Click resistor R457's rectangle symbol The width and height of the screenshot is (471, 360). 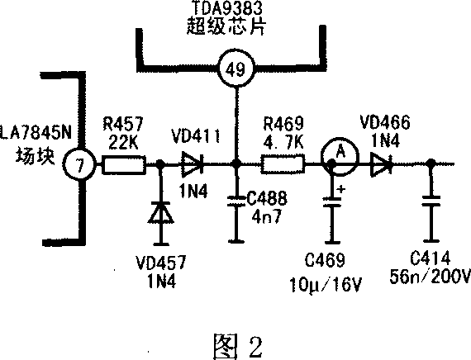coord(124,164)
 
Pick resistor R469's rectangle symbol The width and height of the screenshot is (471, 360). coord(283,164)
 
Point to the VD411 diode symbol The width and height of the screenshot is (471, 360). coord(193,163)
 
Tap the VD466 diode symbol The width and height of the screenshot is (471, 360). coord(382,164)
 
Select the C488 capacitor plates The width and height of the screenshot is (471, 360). coord(236,201)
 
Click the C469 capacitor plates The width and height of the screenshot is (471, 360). coord(331,201)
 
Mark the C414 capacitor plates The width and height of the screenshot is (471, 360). coord(431,201)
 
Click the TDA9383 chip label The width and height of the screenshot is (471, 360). coord(226,7)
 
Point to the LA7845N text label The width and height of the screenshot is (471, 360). coord(36,133)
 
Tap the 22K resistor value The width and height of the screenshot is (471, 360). coord(123,142)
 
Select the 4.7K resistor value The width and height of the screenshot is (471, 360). coord(283,142)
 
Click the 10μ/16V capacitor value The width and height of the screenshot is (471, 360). coord(326,284)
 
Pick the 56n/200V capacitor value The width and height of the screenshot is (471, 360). coord(430,276)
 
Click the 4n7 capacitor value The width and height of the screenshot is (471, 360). coord(267,216)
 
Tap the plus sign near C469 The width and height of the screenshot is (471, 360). coord(341,189)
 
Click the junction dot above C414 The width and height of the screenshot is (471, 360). coord(431,164)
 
